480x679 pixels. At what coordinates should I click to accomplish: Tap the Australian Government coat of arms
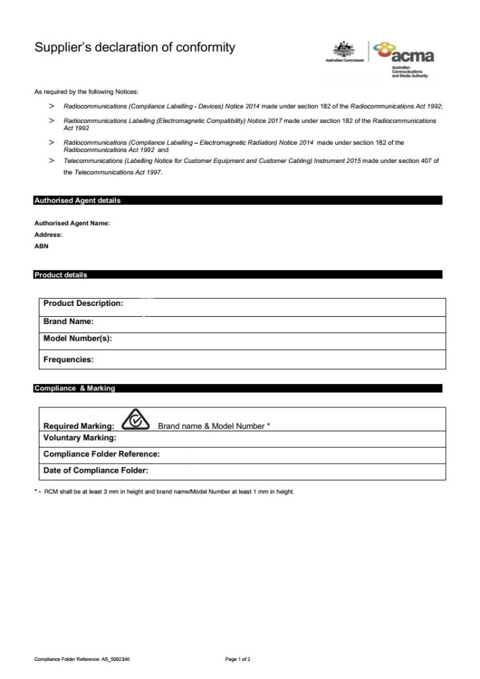pyautogui.click(x=340, y=49)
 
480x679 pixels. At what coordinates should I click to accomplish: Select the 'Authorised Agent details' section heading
pyautogui.click(x=77, y=200)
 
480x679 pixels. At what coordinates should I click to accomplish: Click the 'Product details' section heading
pyautogui.click(x=60, y=275)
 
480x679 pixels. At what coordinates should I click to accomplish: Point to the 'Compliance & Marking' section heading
pyautogui.click(x=74, y=389)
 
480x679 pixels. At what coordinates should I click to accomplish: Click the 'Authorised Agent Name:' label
pyautogui.click(x=72, y=223)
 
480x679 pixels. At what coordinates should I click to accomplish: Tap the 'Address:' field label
pyautogui.click(x=48, y=235)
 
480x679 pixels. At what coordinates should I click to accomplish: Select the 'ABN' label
pyautogui.click(x=41, y=246)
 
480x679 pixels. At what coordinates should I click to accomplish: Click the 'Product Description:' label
pyautogui.click(x=83, y=303)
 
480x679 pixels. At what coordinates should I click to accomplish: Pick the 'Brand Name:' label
pyautogui.click(x=68, y=321)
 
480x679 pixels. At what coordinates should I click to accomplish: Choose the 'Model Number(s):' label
pyautogui.click(x=78, y=338)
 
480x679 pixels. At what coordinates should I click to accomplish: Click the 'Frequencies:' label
pyautogui.click(x=68, y=360)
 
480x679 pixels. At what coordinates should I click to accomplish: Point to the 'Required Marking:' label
pyautogui.click(x=79, y=426)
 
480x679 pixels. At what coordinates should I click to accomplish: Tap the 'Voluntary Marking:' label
pyautogui.click(x=80, y=438)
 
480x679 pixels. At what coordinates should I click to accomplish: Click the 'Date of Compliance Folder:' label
pyautogui.click(x=96, y=471)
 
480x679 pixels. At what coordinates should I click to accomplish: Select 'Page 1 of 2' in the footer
pyautogui.click(x=238, y=660)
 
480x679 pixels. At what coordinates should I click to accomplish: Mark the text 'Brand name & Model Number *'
pyautogui.click(x=214, y=426)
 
